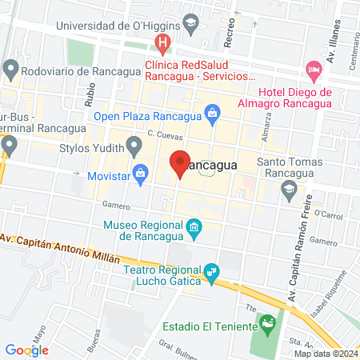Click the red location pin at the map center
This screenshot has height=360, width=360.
click(180, 163)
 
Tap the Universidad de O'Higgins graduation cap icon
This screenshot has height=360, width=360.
click(190, 25)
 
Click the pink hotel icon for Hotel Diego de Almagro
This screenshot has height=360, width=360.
click(314, 70)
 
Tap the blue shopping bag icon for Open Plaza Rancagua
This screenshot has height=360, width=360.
click(211, 114)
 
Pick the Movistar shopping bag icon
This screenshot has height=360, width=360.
click(142, 172)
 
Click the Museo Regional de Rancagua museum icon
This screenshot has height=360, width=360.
click(194, 230)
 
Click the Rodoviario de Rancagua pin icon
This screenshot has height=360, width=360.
click(10, 70)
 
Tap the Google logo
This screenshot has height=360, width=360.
click(26, 350)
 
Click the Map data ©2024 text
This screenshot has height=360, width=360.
click(326, 354)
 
